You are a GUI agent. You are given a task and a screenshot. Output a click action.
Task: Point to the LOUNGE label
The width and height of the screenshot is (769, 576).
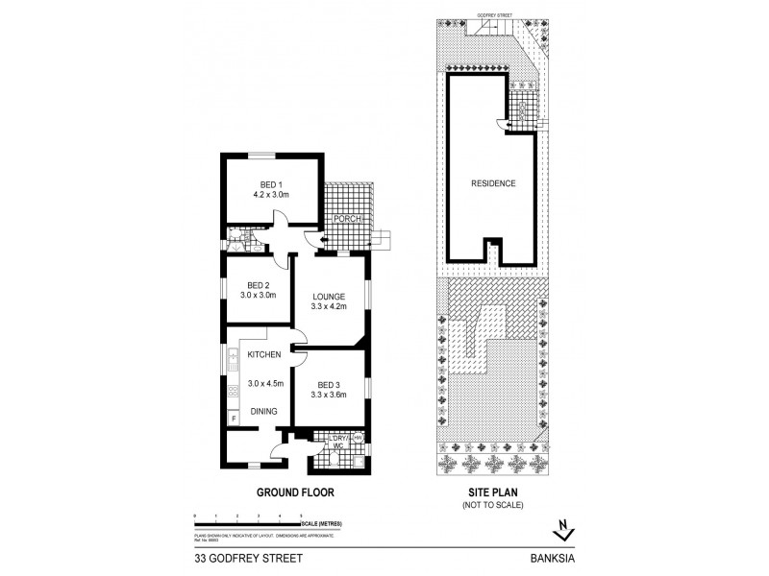click(329, 295)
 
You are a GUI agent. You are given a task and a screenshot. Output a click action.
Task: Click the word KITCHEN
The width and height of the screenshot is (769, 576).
click(263, 355)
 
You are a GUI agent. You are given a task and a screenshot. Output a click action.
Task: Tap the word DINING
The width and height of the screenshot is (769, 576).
click(264, 412)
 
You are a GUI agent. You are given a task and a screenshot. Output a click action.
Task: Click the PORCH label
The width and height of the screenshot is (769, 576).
click(345, 219)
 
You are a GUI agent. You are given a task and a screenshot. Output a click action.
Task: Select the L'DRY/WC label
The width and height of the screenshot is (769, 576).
click(335, 442)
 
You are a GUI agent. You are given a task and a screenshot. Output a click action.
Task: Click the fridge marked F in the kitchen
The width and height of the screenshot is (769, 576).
click(232, 418)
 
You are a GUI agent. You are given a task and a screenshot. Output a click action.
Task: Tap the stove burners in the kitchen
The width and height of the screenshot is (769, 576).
click(232, 391)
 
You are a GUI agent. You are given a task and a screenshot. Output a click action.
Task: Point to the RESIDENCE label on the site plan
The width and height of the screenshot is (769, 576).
click(493, 183)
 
